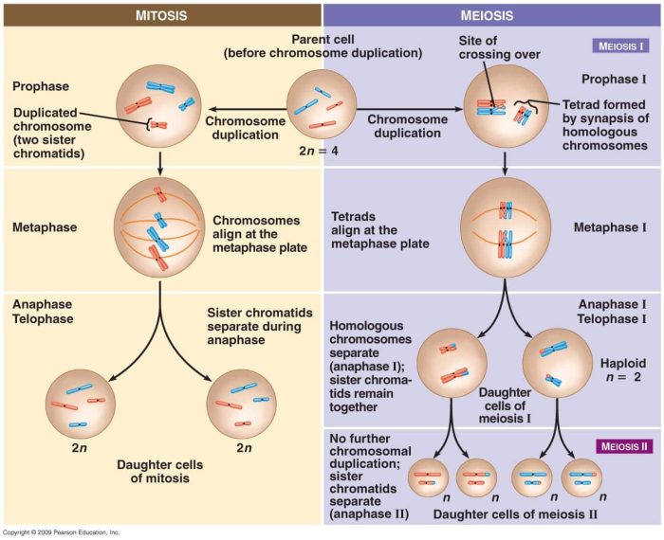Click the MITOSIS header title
[x=160, y=15]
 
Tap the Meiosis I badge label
[x=621, y=45]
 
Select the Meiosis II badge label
[x=621, y=444]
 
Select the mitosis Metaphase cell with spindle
[x=159, y=230]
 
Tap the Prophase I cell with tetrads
[x=507, y=107]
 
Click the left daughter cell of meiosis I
[x=452, y=361]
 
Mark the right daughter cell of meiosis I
[x=558, y=361]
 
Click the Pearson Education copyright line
[x=62, y=533]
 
